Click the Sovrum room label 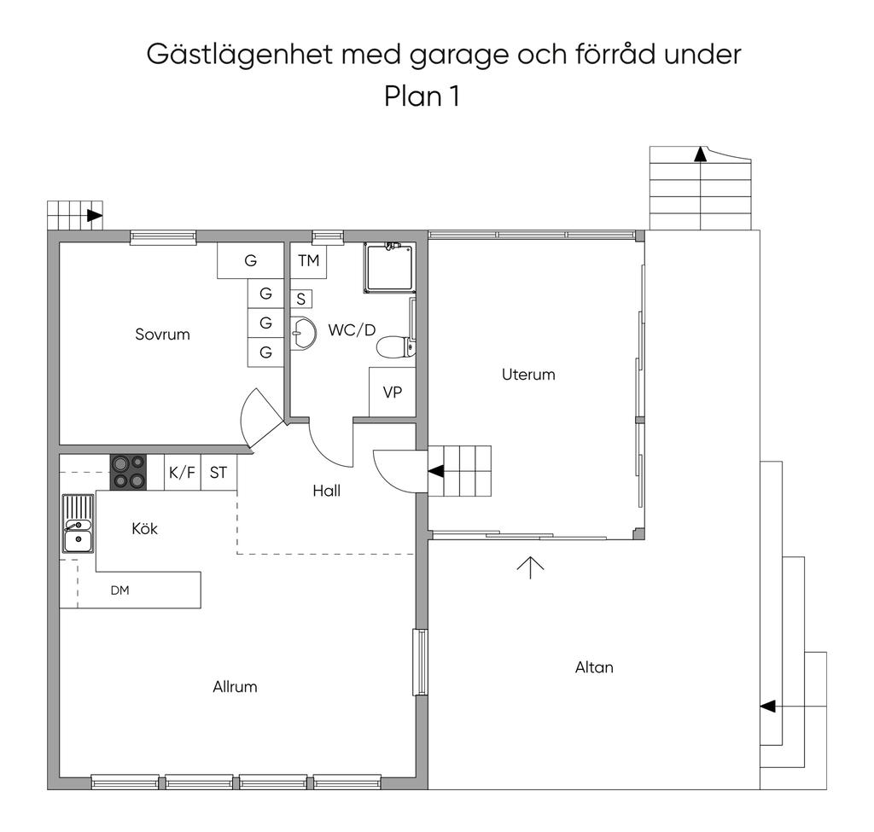162,335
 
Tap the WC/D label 352,330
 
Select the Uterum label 528,375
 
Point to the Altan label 594,667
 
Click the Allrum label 235,687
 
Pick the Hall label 326,491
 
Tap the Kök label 144,529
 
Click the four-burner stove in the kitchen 128,473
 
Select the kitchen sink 78,525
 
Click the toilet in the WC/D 395,347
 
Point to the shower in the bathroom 388,267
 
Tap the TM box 308,260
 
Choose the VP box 392,393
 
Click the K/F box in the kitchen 182,473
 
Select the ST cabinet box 218,473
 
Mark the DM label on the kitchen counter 119,590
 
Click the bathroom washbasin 301,332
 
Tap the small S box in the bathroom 300,300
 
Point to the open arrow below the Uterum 530,567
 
